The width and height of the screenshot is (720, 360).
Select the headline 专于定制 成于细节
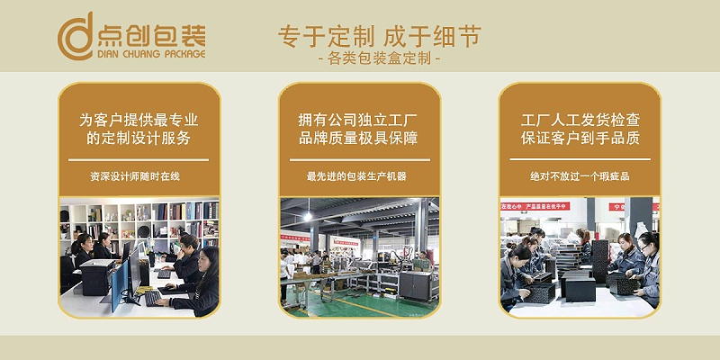(x=379, y=36)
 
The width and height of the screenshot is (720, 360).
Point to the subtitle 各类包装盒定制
(x=379, y=60)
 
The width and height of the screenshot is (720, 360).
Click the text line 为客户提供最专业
(x=139, y=119)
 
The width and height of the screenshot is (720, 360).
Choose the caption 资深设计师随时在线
(x=139, y=176)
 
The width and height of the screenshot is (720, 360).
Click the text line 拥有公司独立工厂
(x=358, y=119)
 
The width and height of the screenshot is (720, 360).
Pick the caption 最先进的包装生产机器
(x=358, y=176)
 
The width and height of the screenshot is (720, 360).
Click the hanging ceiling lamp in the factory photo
(x=308, y=216)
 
